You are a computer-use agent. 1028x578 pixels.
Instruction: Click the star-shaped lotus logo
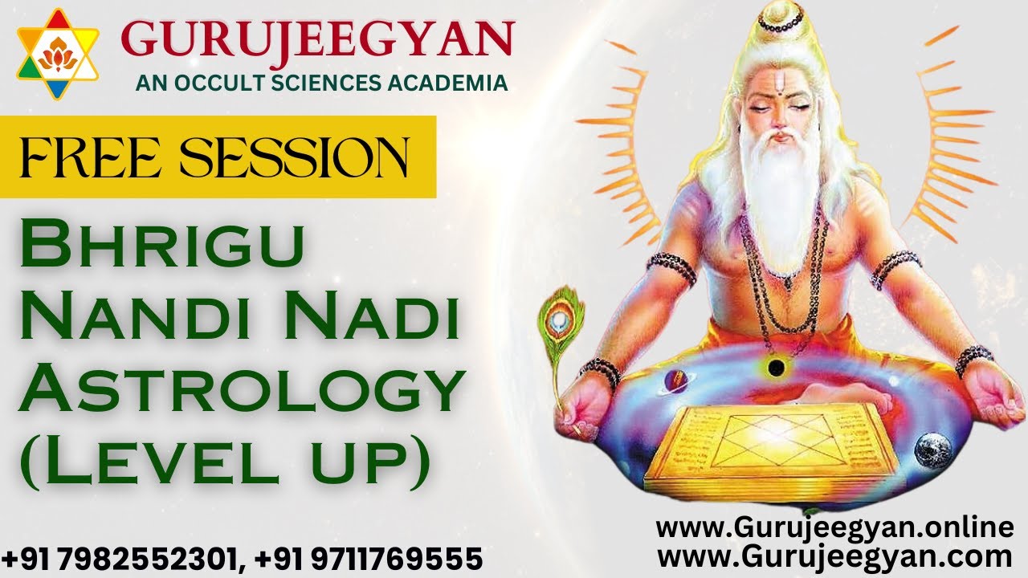57,55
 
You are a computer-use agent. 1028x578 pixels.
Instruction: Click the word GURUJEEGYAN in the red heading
318,40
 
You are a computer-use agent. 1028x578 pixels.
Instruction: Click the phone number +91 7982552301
121,558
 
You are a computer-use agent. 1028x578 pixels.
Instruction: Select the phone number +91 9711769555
370,558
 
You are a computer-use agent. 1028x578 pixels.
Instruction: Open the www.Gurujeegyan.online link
835,528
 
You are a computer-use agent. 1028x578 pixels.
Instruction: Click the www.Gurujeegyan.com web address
835,556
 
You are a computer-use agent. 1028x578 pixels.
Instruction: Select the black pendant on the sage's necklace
776,368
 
